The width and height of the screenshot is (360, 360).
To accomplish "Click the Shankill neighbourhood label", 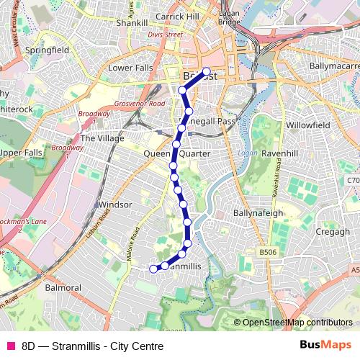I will point(132,22).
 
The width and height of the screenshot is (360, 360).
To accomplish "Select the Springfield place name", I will point(47,50).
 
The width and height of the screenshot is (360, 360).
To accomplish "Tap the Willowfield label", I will point(307,125).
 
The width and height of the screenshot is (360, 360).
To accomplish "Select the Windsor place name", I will point(115,204).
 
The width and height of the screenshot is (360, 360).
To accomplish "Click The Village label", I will point(102,138).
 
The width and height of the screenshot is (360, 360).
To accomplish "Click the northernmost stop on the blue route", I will point(207,71).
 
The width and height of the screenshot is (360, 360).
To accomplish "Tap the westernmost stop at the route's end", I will point(153,269).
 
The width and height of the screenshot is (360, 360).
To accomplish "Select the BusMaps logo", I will point(326,344).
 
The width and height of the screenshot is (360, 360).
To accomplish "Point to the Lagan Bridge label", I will point(229,18).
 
